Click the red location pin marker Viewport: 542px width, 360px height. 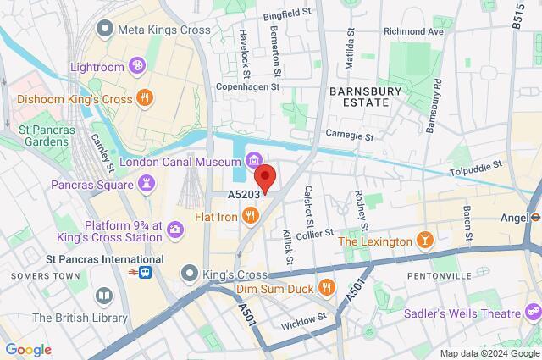coord(266,180)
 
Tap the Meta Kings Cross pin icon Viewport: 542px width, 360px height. coord(105,30)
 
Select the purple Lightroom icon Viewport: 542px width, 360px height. coord(136,66)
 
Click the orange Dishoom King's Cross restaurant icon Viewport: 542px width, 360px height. coord(145,98)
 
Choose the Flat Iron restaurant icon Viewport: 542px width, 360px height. coord(250,217)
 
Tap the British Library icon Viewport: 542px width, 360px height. coord(103,296)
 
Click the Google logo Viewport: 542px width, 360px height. coord(28,349)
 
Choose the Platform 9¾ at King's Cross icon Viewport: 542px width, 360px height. coord(174,227)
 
